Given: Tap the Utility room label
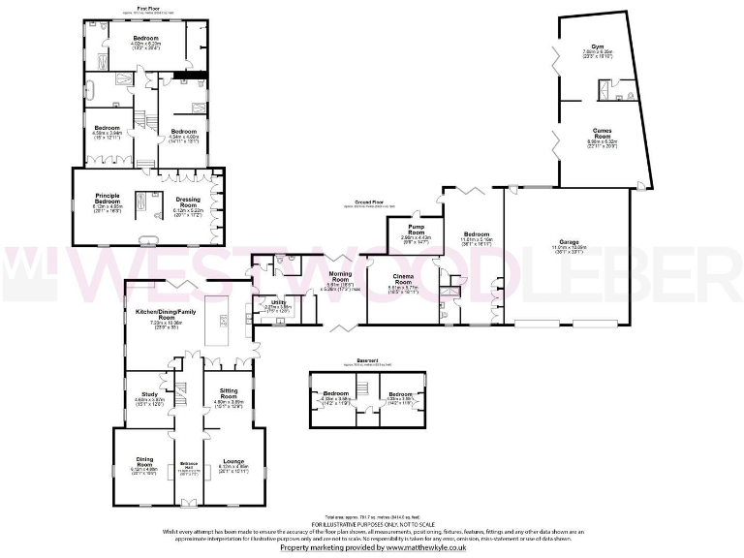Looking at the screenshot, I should (x=278, y=303).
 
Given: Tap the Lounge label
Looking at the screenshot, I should (x=232, y=462).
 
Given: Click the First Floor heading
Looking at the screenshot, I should (x=148, y=8).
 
